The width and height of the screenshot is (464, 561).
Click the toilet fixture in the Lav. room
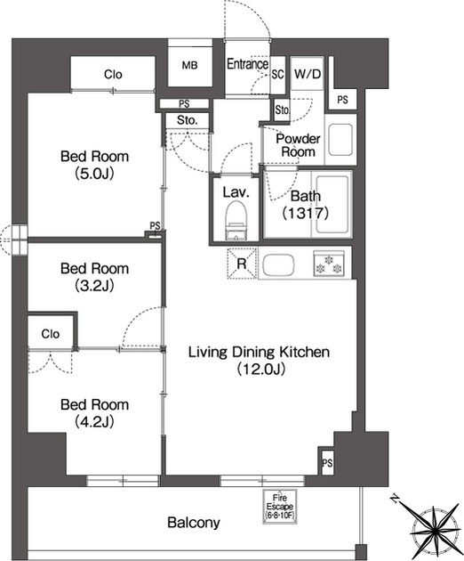coord(236,220)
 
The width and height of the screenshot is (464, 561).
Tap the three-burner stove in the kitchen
coord(329,264)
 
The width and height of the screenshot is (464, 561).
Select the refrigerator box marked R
coord(242,264)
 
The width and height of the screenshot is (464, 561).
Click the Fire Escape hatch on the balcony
coord(280,507)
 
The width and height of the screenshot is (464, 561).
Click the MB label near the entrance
coord(189,66)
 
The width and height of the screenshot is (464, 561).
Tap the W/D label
coord(308,74)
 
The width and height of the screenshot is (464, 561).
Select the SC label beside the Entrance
coord(277,75)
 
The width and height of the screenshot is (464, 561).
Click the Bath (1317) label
coord(306,205)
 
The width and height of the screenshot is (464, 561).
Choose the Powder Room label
coord(298,145)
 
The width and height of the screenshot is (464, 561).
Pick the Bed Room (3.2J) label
coord(94,277)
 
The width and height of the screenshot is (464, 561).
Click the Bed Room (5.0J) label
coord(94,165)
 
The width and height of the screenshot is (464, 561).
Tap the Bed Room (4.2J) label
coord(94,413)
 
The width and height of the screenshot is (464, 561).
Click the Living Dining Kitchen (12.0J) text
coord(259,361)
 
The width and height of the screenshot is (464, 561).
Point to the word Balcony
coord(194,523)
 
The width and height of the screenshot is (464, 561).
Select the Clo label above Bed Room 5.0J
coord(113,75)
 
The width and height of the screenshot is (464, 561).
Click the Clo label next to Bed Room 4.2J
coord(51,334)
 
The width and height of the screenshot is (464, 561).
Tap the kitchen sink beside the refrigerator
coord(278,264)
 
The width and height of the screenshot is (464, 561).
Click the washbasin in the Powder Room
coord(340,140)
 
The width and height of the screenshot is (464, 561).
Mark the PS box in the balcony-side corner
coord(327,463)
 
